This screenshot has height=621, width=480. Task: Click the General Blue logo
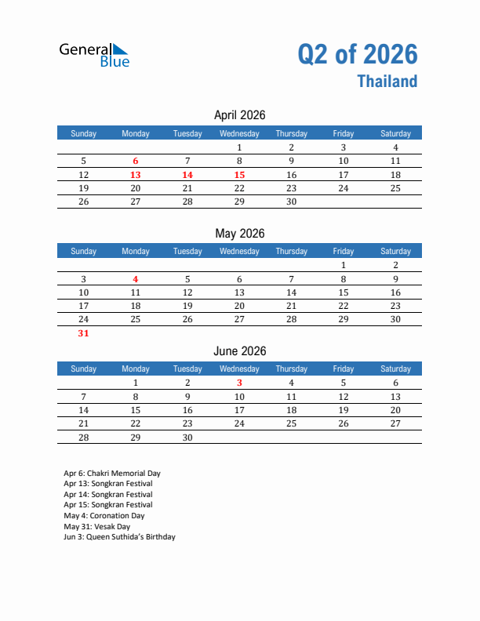point(94,54)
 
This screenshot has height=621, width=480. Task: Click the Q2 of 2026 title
point(358,54)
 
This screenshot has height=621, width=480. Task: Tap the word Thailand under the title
point(387,82)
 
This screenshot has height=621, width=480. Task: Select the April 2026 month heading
point(239,115)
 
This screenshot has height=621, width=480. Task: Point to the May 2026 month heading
point(239,234)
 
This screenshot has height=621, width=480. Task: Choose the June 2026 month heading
point(239,351)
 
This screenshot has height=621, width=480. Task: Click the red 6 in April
point(135,161)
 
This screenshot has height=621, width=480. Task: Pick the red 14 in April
point(187,175)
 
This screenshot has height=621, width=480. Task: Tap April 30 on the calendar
point(291,202)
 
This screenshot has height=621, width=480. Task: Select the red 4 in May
point(135,278)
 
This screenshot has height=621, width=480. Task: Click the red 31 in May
point(83,333)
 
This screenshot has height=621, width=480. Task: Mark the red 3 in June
point(239,383)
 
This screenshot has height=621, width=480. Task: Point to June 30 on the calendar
point(187,438)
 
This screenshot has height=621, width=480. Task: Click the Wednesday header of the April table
point(239,133)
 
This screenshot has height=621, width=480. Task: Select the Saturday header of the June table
point(395,369)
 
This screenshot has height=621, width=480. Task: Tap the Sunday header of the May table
point(83,251)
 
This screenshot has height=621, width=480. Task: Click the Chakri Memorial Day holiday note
point(111,474)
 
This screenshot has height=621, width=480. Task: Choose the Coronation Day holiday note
point(104,516)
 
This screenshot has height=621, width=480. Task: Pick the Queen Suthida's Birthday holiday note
point(119,537)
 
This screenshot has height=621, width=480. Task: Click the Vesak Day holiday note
point(97,527)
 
